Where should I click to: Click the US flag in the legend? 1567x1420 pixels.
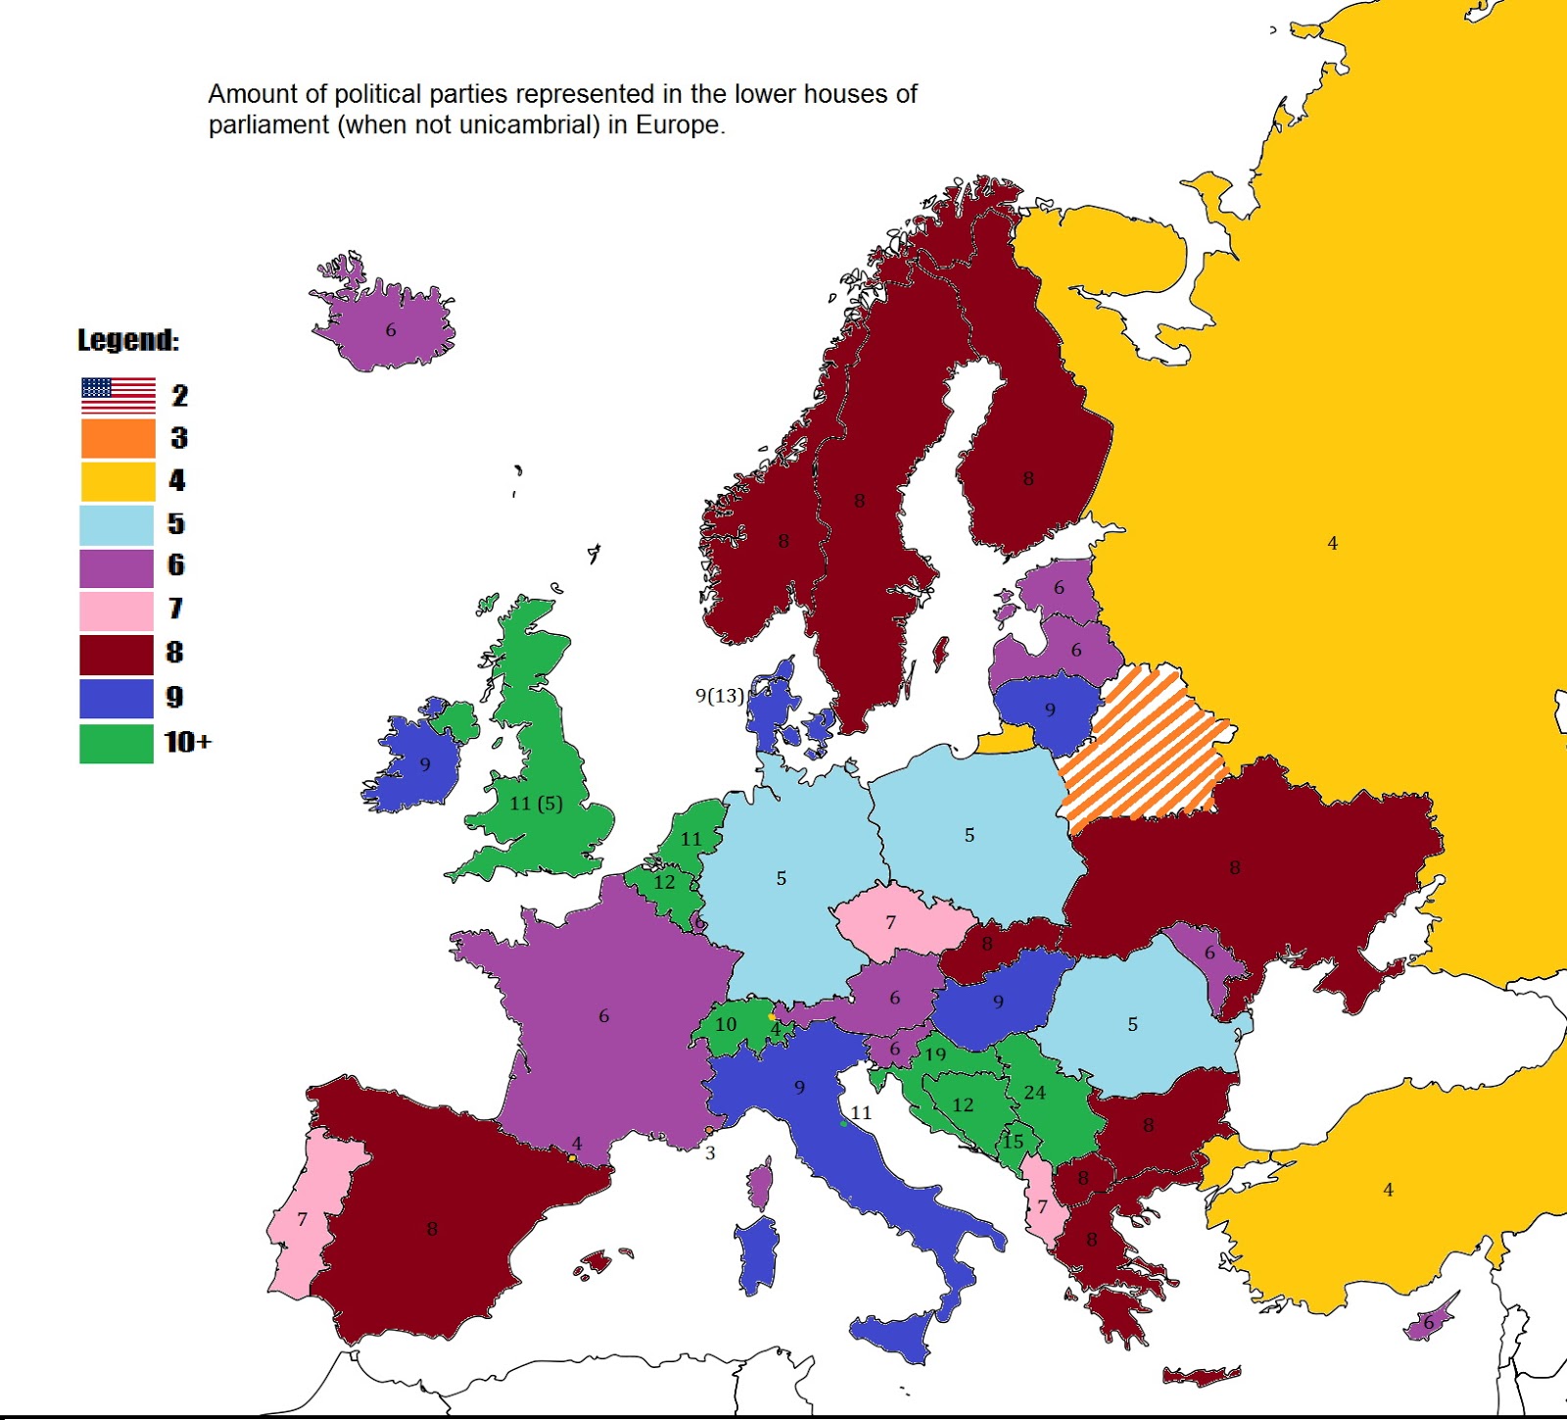(x=118, y=396)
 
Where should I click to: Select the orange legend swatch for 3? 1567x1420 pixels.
(x=118, y=438)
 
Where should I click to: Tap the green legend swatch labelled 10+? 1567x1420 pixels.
(x=117, y=743)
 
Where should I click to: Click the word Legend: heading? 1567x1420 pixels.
(x=128, y=340)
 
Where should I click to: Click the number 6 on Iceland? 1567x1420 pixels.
(x=391, y=330)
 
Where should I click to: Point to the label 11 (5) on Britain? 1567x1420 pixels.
(x=536, y=804)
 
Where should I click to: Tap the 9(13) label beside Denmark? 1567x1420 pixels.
(x=720, y=696)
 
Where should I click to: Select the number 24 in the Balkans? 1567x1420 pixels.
(x=1034, y=1093)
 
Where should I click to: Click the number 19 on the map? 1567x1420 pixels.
(x=935, y=1054)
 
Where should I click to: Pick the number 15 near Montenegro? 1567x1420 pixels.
(x=1013, y=1142)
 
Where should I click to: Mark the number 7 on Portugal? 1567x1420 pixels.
(x=302, y=1220)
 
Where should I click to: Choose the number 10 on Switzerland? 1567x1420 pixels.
(x=726, y=1024)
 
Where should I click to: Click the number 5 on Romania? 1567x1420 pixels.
(x=1132, y=1025)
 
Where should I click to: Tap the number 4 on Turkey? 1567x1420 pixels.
(x=1388, y=1190)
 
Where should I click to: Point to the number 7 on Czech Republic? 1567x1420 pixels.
(x=890, y=922)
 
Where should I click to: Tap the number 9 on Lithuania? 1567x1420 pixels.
(x=1050, y=710)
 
